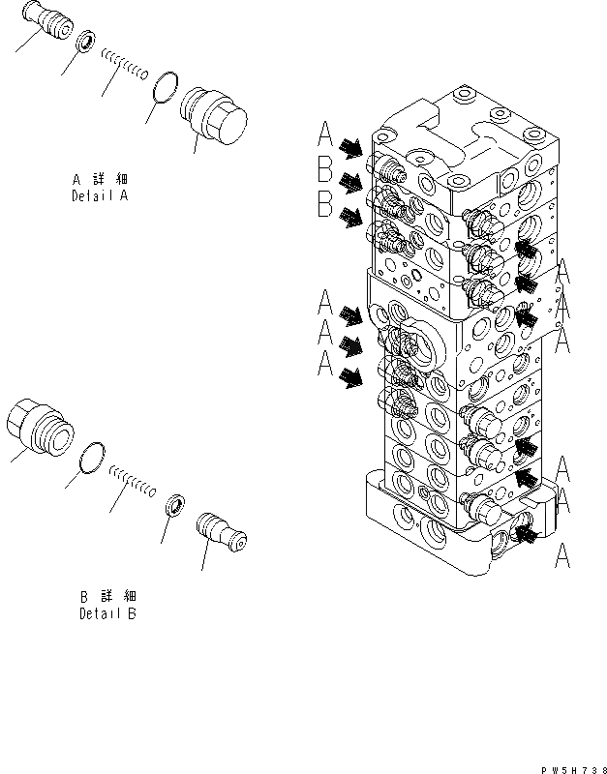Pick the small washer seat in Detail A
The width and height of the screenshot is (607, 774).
[85, 44]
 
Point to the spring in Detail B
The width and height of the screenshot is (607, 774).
[132, 480]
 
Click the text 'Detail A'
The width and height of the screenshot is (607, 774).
[100, 194]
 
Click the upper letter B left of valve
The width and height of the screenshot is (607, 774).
[325, 170]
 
